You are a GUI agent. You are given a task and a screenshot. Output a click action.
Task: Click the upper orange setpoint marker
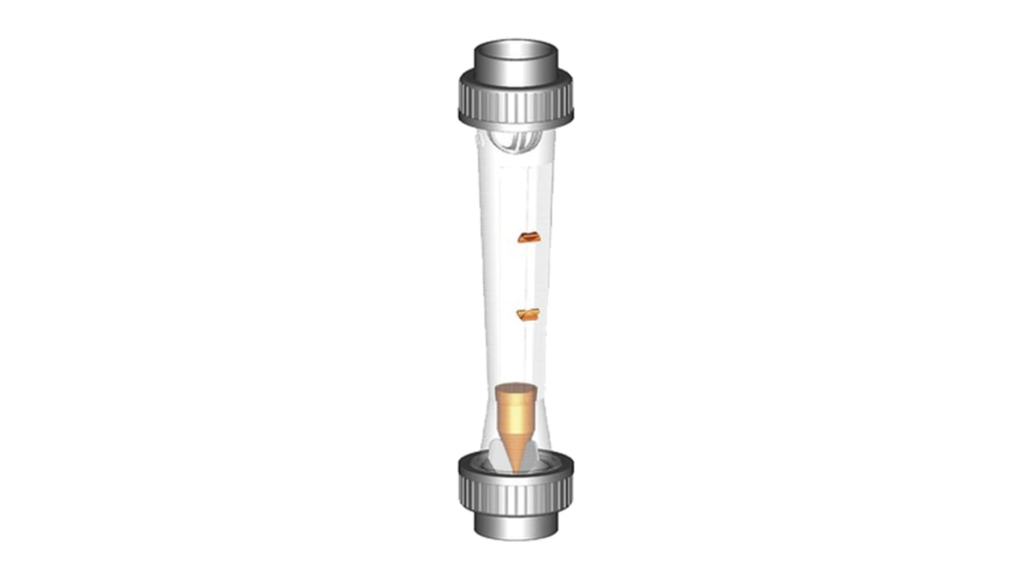point(528,237)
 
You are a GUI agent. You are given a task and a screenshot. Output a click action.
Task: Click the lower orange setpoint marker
point(527,314)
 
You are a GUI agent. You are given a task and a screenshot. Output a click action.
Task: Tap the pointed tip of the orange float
point(516,470)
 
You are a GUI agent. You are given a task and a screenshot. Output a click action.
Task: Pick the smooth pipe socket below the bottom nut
point(516,525)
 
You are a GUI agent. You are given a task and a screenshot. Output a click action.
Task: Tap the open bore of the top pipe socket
point(516,49)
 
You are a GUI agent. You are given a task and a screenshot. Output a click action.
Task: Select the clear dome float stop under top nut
point(516,140)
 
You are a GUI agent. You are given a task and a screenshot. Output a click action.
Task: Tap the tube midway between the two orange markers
point(516,276)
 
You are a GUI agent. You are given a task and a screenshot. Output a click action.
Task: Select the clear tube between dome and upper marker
point(516,192)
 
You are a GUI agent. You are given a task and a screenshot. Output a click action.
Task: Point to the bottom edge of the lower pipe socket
point(516,538)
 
